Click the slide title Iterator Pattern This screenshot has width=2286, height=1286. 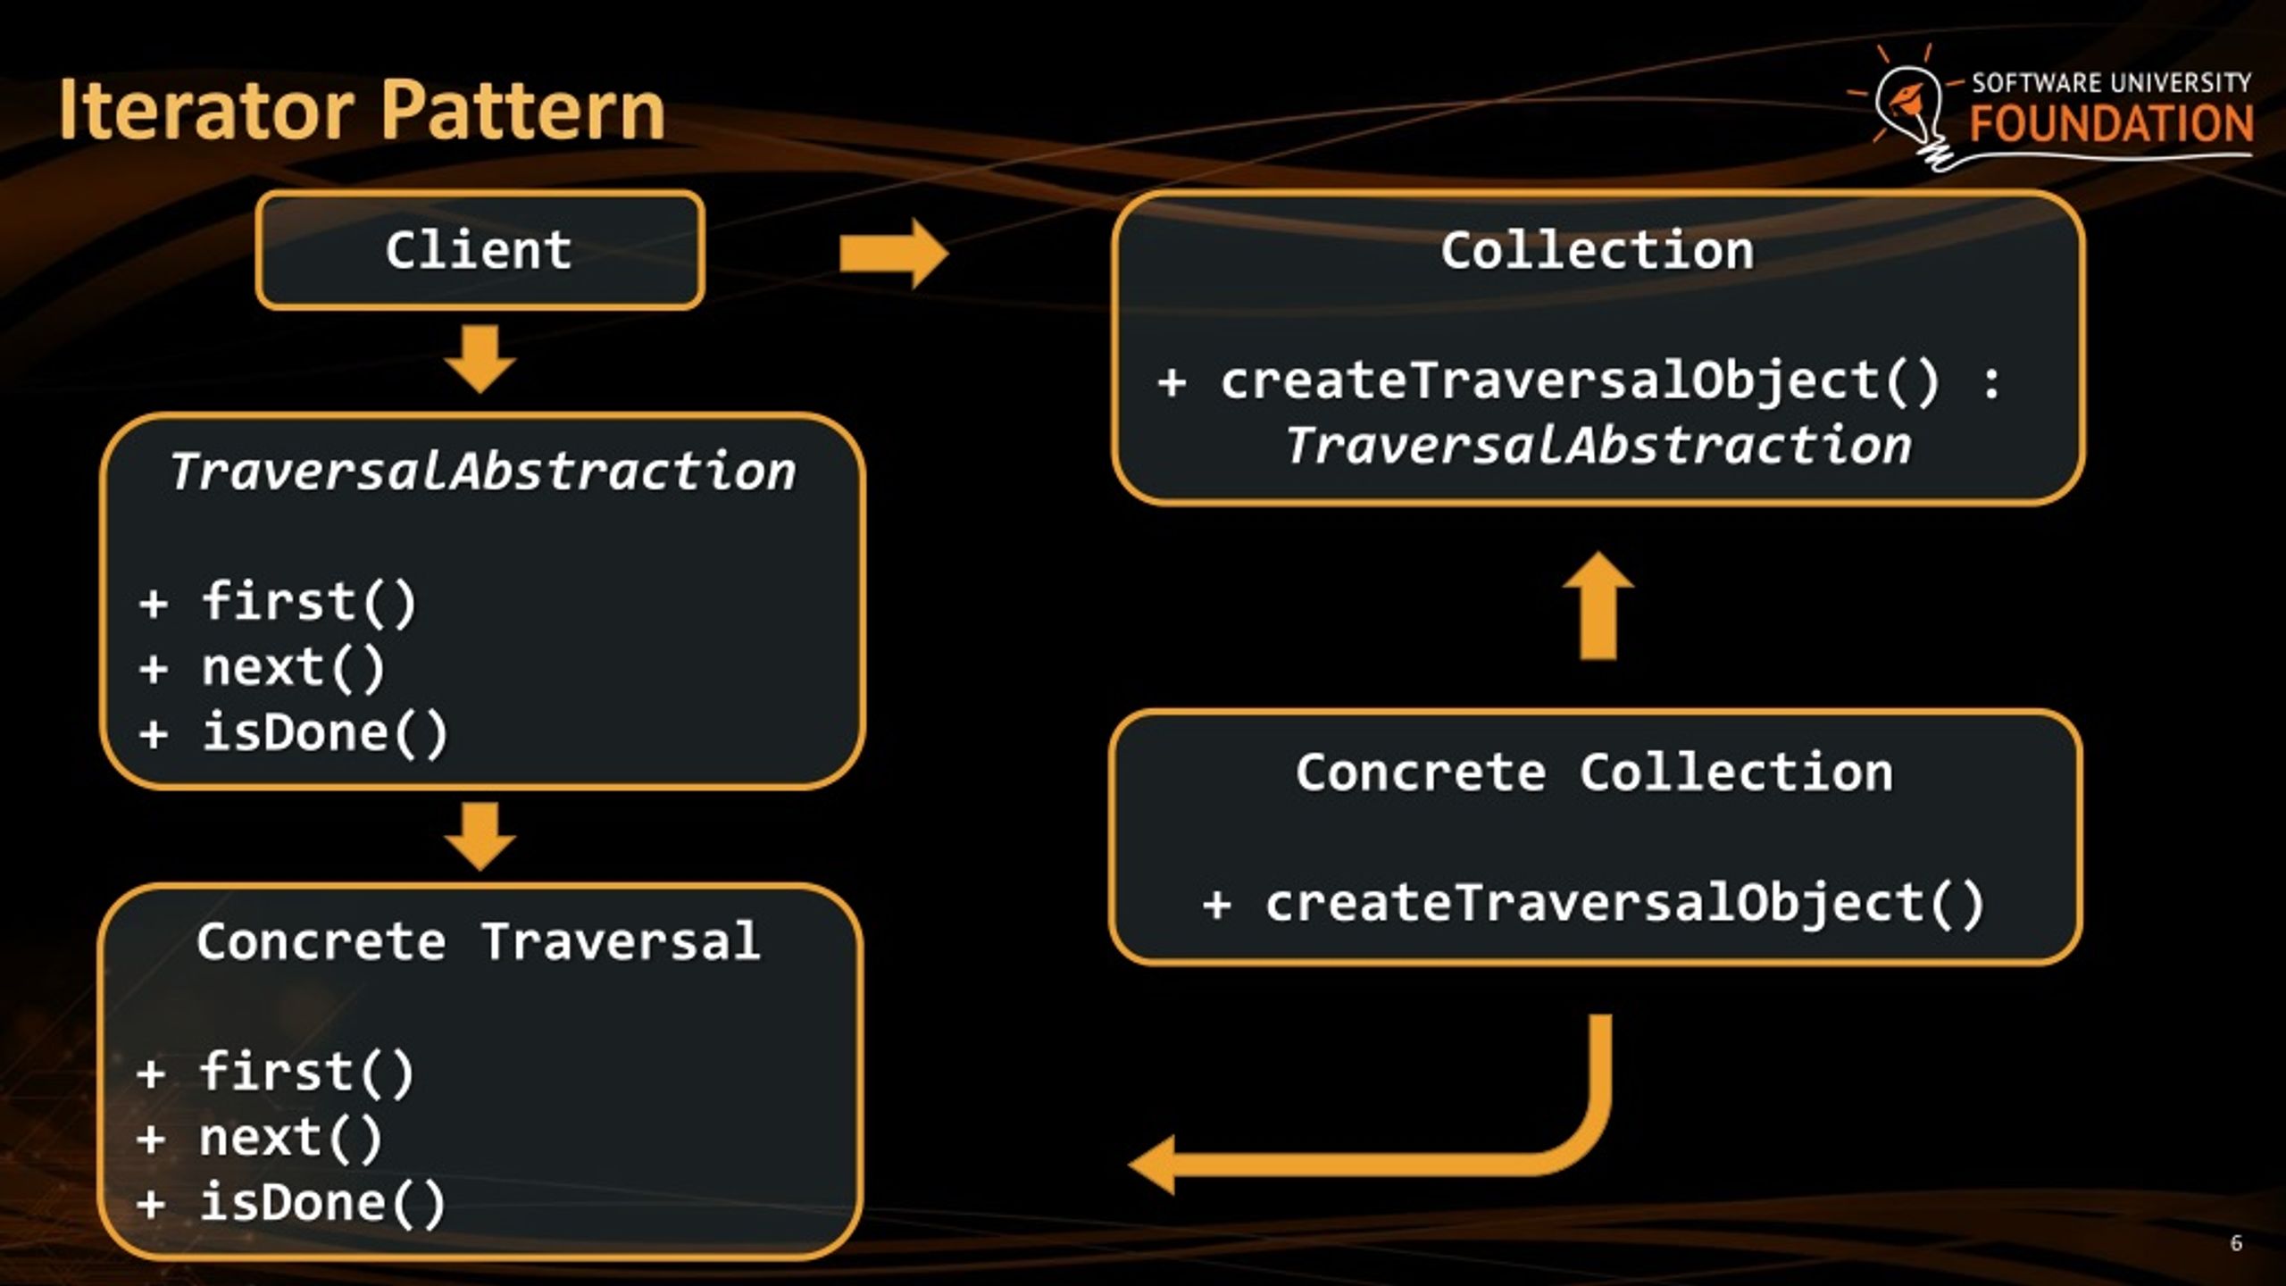362,110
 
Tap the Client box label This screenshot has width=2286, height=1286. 480,250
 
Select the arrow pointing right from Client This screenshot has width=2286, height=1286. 894,255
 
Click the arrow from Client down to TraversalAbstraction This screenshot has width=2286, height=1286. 480,359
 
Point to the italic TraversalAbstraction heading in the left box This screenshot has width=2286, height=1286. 482,471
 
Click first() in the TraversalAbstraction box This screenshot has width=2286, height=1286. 309,602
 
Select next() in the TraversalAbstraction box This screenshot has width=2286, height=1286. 293,668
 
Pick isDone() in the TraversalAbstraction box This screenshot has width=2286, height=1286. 325,733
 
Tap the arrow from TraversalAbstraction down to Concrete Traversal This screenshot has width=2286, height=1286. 480,836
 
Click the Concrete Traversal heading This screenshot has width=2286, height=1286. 479,941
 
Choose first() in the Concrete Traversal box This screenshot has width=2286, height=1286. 306,1072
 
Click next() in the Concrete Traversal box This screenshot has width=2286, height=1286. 291,1138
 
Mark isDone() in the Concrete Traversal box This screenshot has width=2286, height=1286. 322,1203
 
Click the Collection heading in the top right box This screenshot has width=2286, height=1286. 1598,250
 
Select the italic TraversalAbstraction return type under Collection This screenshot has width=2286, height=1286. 1598,446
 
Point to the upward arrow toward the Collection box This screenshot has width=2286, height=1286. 1598,605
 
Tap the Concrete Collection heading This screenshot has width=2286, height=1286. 1595,772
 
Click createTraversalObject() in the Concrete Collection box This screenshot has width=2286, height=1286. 1625,903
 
